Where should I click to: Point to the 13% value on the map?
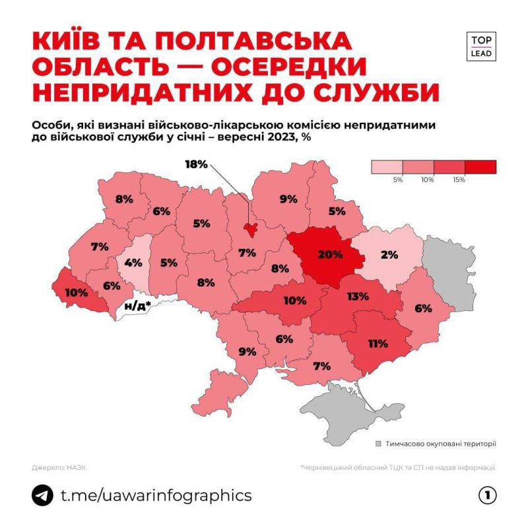point(357,296)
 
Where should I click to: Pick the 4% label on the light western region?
point(133,262)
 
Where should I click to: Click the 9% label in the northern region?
point(288,198)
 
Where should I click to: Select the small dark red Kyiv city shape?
point(250,229)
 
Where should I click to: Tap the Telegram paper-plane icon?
point(43,495)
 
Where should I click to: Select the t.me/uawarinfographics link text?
point(156,495)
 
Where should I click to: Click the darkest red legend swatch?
point(480,167)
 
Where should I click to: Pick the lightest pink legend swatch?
point(387,167)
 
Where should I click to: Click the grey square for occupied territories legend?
point(378,444)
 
